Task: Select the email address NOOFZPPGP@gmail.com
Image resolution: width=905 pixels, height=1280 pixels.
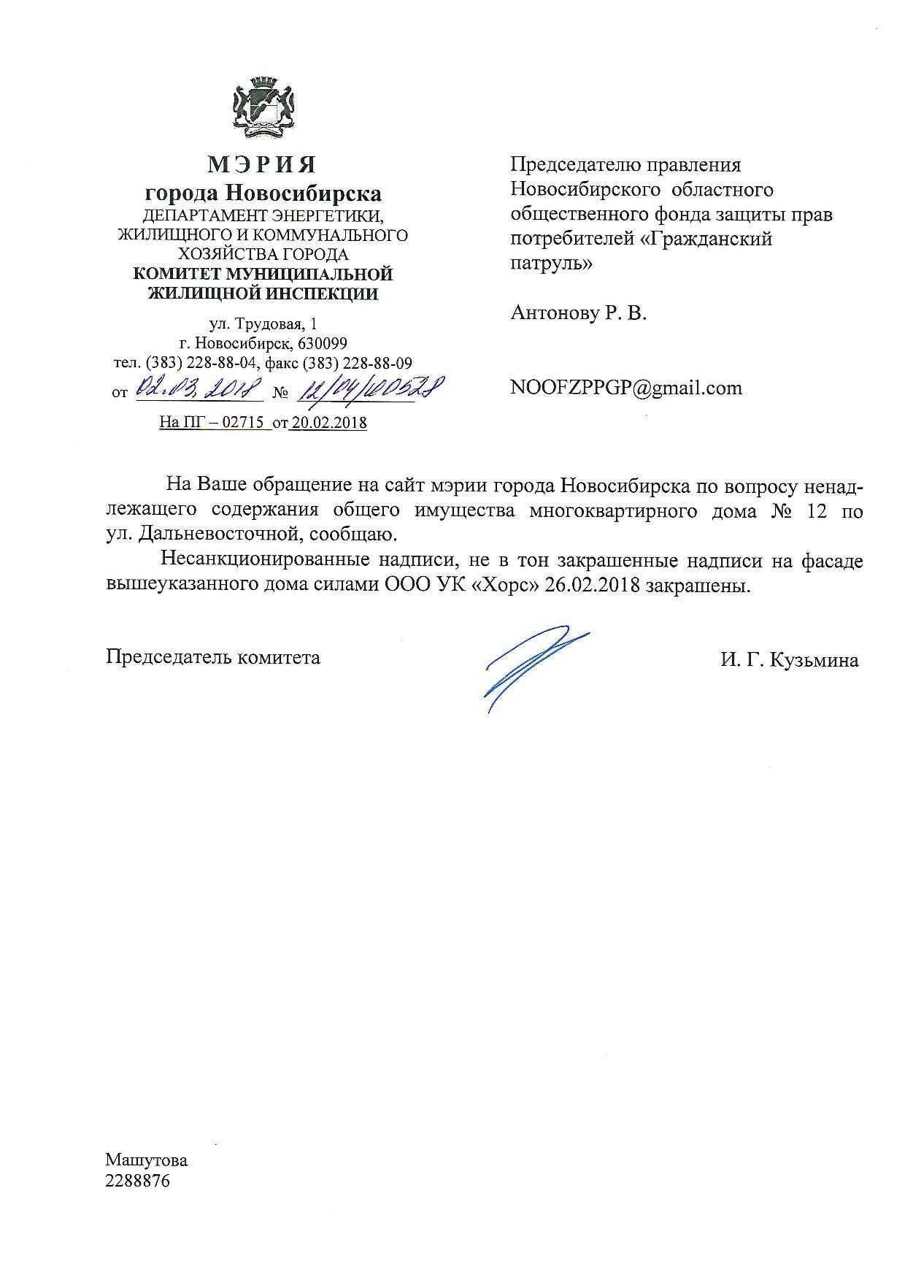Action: (x=626, y=388)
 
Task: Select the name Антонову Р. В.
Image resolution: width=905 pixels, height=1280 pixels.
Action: (x=579, y=313)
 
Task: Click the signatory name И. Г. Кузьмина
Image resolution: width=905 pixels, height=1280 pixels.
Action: (x=789, y=660)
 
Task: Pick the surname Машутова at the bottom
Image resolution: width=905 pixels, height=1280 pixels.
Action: (x=146, y=1160)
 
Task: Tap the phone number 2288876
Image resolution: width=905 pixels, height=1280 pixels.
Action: (x=137, y=1181)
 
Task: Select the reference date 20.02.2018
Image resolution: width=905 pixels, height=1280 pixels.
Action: (x=328, y=423)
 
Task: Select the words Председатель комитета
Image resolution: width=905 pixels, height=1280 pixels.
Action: (x=213, y=657)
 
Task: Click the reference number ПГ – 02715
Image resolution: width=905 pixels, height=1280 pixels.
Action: (x=221, y=423)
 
